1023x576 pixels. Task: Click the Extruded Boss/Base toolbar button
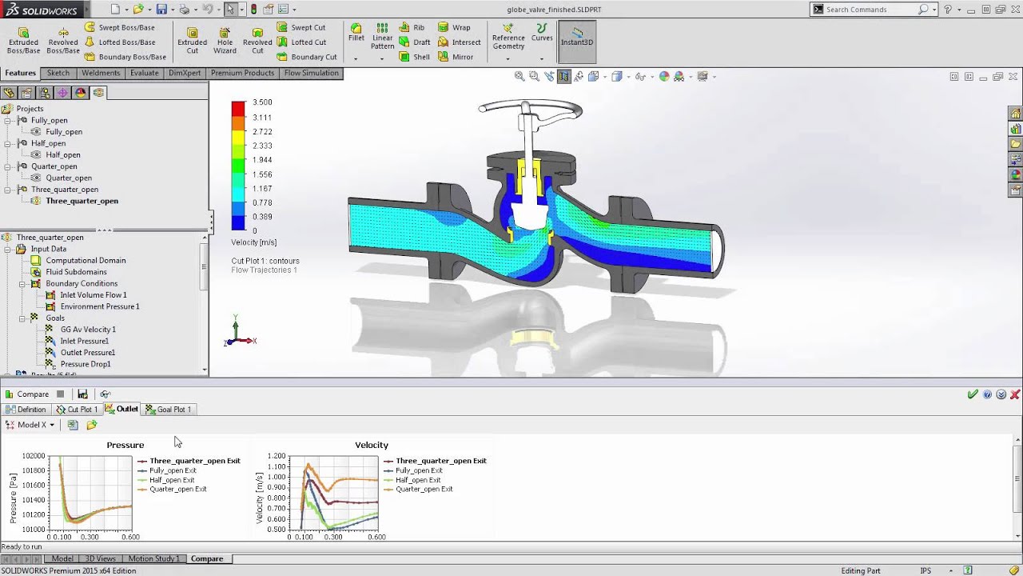(23, 40)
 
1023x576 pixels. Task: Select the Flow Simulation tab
(311, 73)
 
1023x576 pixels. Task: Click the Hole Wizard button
(225, 40)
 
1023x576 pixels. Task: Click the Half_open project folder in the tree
(48, 143)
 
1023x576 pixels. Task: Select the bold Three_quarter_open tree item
(82, 201)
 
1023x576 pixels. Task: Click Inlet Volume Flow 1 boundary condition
(93, 295)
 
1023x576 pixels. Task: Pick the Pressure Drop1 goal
(86, 364)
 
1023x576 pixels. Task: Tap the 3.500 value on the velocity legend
(262, 102)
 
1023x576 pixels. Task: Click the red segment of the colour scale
(238, 109)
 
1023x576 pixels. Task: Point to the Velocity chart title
(372, 445)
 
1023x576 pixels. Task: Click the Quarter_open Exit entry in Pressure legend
(177, 489)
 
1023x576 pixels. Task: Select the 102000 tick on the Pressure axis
(33, 456)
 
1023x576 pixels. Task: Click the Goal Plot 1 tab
(173, 410)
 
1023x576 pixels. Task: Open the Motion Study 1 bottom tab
(153, 558)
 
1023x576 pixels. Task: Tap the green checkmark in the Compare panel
(973, 394)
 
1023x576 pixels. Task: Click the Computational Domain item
(86, 260)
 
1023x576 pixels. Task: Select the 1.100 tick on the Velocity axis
(276, 466)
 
